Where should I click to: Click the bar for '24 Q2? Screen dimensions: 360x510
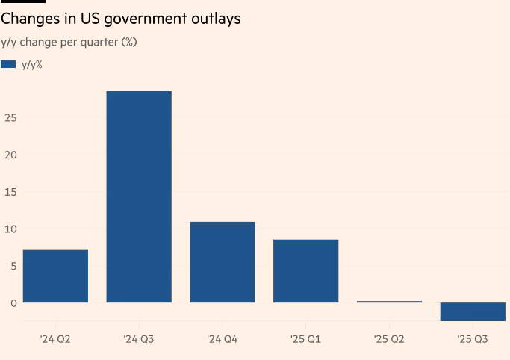pyautogui.click(x=55, y=276)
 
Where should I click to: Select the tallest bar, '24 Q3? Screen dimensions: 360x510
pyautogui.click(x=139, y=197)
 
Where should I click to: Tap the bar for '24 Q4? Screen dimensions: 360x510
pyautogui.click(x=223, y=262)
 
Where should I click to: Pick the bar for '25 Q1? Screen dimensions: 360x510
pyautogui.click(x=306, y=271)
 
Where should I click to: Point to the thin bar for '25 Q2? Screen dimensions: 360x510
pyautogui.click(x=389, y=302)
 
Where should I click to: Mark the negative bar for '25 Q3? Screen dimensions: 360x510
pyautogui.click(x=473, y=311)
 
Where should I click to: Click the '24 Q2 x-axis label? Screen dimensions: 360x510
pyautogui.click(x=55, y=340)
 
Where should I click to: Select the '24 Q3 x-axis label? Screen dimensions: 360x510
pyautogui.click(x=139, y=340)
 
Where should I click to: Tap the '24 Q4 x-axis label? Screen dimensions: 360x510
pyautogui.click(x=223, y=340)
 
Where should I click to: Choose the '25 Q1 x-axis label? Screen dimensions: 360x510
pyautogui.click(x=306, y=340)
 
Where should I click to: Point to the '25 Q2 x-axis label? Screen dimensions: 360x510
pyautogui.click(x=389, y=340)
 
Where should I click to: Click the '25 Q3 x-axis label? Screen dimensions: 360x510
pyautogui.click(x=473, y=340)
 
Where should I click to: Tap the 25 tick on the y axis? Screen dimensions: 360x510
pyautogui.click(x=10, y=117)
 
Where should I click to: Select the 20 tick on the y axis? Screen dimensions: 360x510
pyautogui.click(x=10, y=155)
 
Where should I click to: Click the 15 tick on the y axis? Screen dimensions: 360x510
pyautogui.click(x=10, y=192)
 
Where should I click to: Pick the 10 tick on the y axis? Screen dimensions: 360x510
pyautogui.click(x=10, y=229)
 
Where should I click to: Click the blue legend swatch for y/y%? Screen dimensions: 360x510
pyautogui.click(x=8, y=65)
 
